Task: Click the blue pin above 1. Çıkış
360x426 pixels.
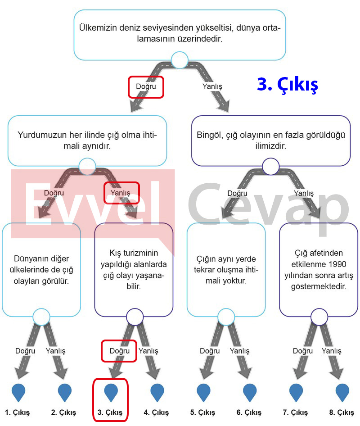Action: pyautogui.click(x=18, y=392)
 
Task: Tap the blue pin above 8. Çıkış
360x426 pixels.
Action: pyautogui.click(x=342, y=392)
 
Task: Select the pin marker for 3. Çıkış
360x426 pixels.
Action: pyautogui.click(x=111, y=392)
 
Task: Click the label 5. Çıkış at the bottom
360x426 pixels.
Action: pyautogui.click(x=202, y=412)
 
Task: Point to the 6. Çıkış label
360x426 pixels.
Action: pyautogui.click(x=249, y=412)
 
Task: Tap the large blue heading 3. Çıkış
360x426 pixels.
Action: pyautogui.click(x=288, y=85)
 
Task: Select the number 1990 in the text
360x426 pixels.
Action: pyautogui.click(x=337, y=264)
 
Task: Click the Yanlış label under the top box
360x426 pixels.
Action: pyautogui.click(x=212, y=86)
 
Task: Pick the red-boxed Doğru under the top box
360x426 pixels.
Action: pyautogui.click(x=146, y=86)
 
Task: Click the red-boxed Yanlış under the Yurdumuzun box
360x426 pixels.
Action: pyautogui.click(x=120, y=193)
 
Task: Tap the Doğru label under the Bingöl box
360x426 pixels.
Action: pyautogui.click(x=237, y=193)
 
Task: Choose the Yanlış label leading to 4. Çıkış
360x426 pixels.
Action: pyautogui.click(x=148, y=351)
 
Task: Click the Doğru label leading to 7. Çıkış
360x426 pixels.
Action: pyautogui.click(x=303, y=351)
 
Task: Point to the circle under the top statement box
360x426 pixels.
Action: pyautogui.click(x=180, y=60)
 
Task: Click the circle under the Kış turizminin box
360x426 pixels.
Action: pyautogui.click(x=135, y=317)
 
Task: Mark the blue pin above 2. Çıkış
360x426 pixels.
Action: pyautogui.click(x=65, y=392)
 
